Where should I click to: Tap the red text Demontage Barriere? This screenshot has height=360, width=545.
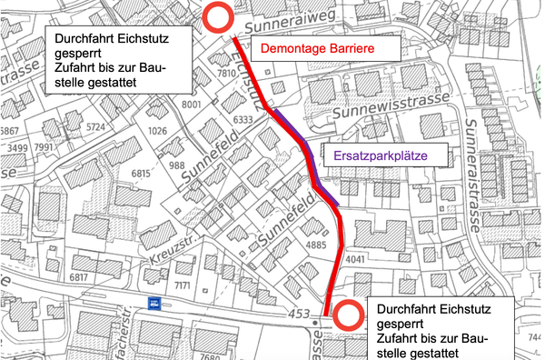coord(317,47)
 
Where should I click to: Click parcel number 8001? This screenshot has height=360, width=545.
coord(191,105)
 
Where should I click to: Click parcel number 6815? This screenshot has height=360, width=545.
coord(140,174)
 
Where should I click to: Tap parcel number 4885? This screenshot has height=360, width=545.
coord(314,245)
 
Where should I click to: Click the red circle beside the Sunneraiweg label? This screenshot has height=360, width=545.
coord(217,16)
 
